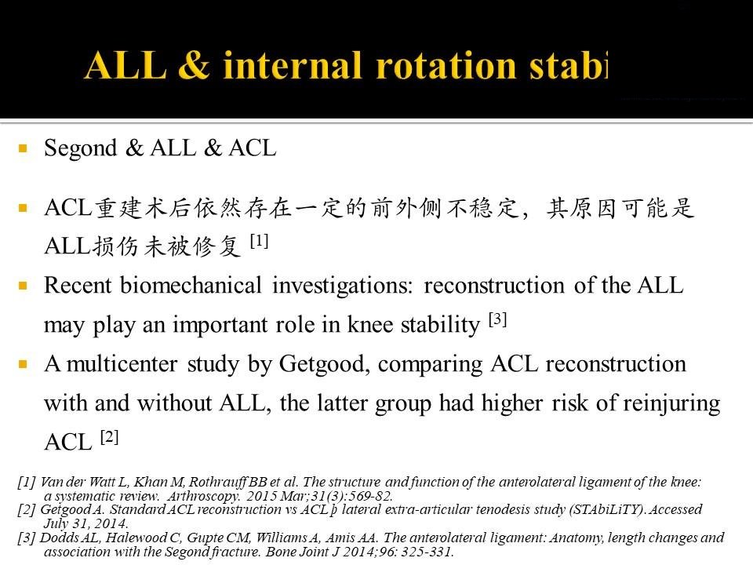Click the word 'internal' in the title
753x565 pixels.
293,66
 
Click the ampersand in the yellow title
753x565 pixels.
194,65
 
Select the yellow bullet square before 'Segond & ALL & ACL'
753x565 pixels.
23,148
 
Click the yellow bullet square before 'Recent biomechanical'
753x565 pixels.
23,286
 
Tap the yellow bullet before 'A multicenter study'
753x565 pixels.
23,364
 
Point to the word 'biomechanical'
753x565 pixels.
191,286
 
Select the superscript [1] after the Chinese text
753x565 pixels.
260,241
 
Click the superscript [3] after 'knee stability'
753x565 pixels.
498,319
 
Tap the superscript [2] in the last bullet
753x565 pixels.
110,437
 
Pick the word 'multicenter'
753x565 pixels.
122,365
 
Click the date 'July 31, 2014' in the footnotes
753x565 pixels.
85,523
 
